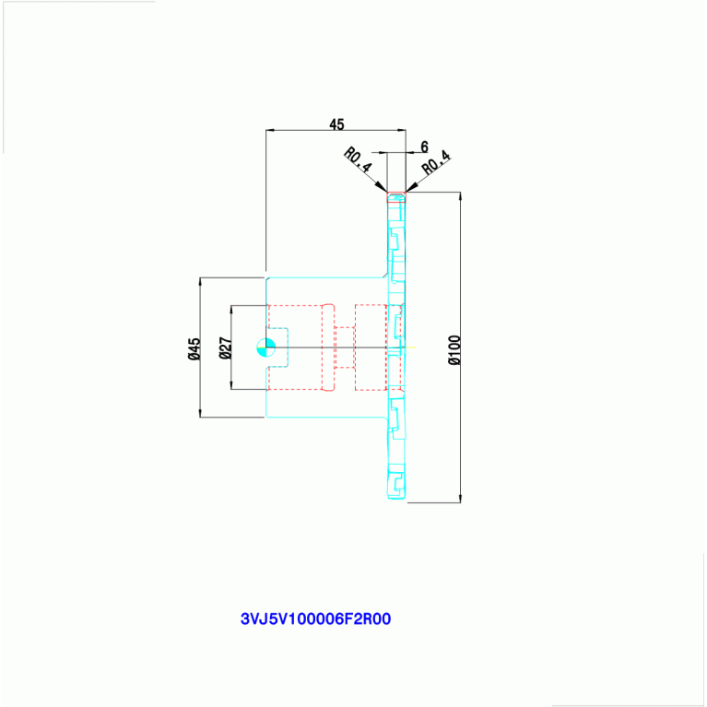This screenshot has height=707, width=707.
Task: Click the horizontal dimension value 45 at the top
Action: pos(336,124)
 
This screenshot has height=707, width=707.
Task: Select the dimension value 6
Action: pos(424,147)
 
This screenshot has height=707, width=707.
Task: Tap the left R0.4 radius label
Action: pos(358,159)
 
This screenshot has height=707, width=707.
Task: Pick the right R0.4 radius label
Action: pos(436,163)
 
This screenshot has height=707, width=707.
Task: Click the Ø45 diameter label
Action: pos(194,348)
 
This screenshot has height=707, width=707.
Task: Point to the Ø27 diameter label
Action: pos(226,348)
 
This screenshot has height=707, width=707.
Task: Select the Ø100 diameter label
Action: pos(454,350)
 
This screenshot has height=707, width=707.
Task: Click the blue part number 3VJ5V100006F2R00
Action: pos(315,619)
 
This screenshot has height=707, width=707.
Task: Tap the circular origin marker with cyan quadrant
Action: pos(266,348)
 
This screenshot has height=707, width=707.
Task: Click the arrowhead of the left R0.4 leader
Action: pos(382,187)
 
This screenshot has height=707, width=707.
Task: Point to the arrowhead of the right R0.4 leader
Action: pos(411,187)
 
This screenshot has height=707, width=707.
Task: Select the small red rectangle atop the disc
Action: pos(396,197)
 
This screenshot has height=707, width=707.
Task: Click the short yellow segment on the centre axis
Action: pos(411,348)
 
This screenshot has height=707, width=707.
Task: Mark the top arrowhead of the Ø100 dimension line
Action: pos(460,196)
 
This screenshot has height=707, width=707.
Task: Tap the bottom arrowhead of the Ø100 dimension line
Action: pos(460,498)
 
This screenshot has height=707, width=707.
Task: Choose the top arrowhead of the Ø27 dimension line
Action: pos(231,311)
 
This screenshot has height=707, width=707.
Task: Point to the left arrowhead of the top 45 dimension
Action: pos(270,130)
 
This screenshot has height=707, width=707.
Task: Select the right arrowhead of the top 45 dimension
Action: pos(401,130)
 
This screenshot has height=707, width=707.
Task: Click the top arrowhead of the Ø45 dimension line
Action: pos(200,282)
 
